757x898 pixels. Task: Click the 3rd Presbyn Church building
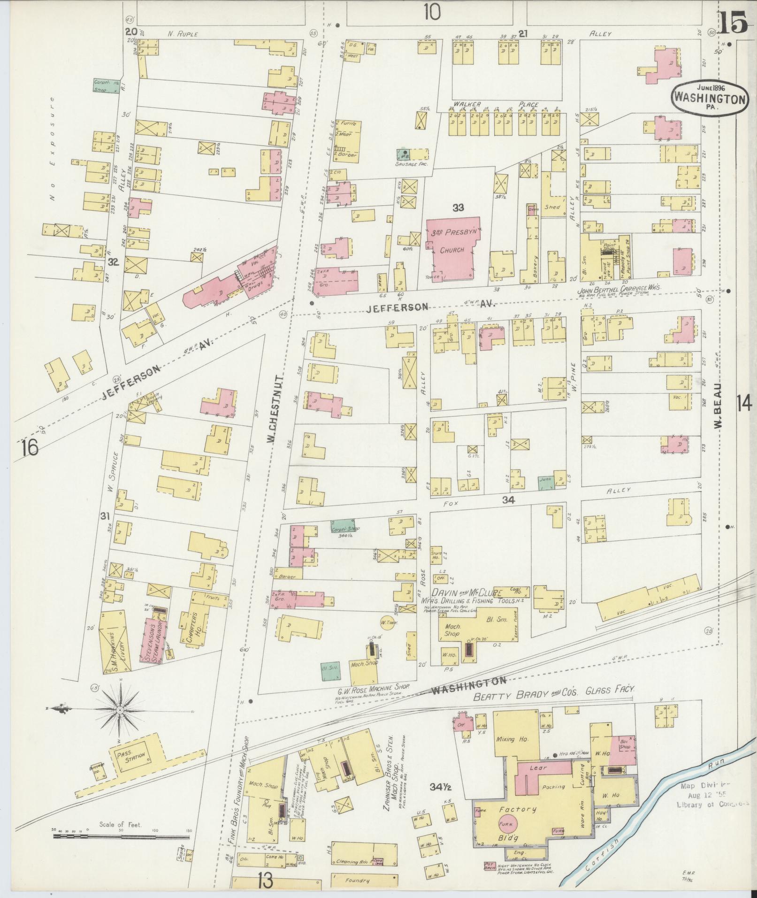point(453,249)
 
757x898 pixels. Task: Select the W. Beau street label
point(718,411)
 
